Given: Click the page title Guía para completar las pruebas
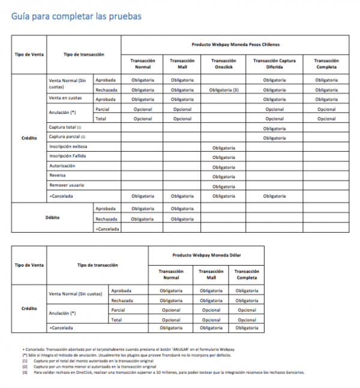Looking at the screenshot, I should [76, 16].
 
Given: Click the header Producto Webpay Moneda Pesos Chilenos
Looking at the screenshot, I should [235, 44].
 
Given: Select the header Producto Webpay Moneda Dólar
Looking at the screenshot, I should [206, 255].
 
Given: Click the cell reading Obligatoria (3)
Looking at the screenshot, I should [223, 90].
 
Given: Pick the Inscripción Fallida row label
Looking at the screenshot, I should [67, 157].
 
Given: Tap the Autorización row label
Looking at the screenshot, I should [62, 166].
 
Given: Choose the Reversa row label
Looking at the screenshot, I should [57, 176].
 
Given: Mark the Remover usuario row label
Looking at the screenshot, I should [65, 185].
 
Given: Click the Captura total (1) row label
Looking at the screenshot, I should [64, 128].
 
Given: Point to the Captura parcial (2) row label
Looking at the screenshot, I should [66, 137].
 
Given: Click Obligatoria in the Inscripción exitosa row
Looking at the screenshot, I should [223, 148].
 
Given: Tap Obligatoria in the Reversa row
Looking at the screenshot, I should [223, 176].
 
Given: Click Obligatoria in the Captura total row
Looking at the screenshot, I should [274, 128].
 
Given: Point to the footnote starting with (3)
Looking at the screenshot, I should [162, 372].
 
